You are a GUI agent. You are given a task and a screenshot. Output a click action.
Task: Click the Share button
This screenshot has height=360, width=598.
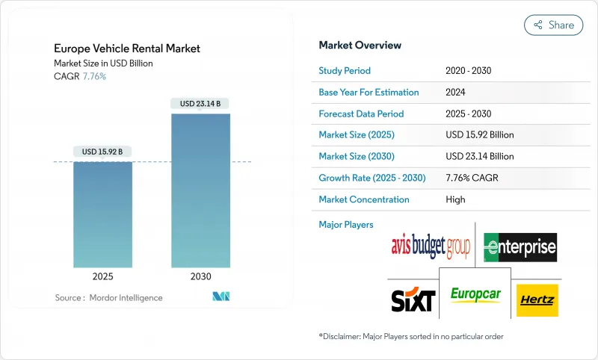click(553, 25)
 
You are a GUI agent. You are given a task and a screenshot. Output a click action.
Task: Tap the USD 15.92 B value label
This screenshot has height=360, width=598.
click(103, 152)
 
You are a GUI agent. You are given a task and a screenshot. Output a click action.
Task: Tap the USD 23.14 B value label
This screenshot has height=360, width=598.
click(200, 103)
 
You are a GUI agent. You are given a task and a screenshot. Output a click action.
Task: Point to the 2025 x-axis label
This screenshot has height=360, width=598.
click(103, 276)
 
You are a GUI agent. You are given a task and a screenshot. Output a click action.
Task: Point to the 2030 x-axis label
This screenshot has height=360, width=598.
click(200, 276)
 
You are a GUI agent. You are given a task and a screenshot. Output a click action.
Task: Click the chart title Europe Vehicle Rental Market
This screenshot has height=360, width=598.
click(127, 49)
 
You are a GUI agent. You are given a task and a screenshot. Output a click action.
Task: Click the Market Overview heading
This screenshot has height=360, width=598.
click(360, 45)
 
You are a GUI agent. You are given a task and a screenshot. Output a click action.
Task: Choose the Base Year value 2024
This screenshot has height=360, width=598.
click(456, 93)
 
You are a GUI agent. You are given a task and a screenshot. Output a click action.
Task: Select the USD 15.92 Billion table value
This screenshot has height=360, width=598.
click(479, 135)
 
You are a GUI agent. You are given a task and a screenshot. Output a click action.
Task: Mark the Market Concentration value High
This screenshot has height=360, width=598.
click(454, 199)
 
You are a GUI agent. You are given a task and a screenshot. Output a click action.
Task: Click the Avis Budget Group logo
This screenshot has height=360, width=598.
click(430, 246)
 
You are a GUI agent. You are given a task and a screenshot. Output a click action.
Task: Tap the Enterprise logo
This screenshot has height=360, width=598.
click(520, 246)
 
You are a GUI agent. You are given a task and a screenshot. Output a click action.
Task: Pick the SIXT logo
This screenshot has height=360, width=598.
click(413, 300)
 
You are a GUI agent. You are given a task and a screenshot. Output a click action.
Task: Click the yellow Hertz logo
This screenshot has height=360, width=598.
click(537, 300)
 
